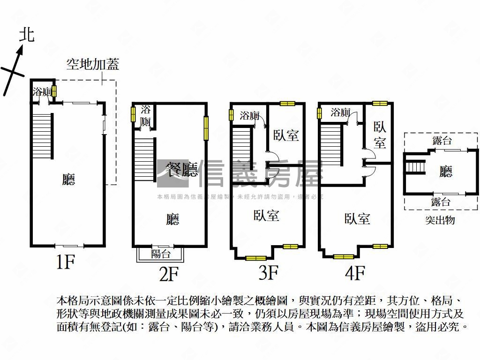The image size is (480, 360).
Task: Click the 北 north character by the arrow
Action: pyautogui.click(x=27, y=35)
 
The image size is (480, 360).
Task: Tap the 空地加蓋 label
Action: pyautogui.click(x=92, y=64)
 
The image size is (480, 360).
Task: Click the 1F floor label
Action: pyautogui.click(x=65, y=262)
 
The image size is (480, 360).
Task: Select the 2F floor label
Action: pyautogui.click(x=169, y=274)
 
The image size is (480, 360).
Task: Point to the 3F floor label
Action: pyautogui.click(x=269, y=273)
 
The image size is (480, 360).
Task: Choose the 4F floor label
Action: pyautogui.click(x=355, y=272)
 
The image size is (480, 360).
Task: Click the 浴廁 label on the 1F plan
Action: pyautogui.click(x=41, y=92)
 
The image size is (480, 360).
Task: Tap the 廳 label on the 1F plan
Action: pyautogui.click(x=68, y=179)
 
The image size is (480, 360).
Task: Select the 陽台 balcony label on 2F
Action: pyautogui.click(x=161, y=254)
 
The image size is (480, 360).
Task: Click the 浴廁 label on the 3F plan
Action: pyautogui.click(x=249, y=115)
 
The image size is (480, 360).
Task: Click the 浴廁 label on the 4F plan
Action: pyautogui.click(x=340, y=112)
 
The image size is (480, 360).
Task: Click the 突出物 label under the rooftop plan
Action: pyautogui.click(x=440, y=220)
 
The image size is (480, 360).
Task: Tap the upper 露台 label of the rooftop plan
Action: pyautogui.click(x=441, y=141)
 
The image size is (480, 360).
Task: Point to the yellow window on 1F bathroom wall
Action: pyautogui.click(x=54, y=90)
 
